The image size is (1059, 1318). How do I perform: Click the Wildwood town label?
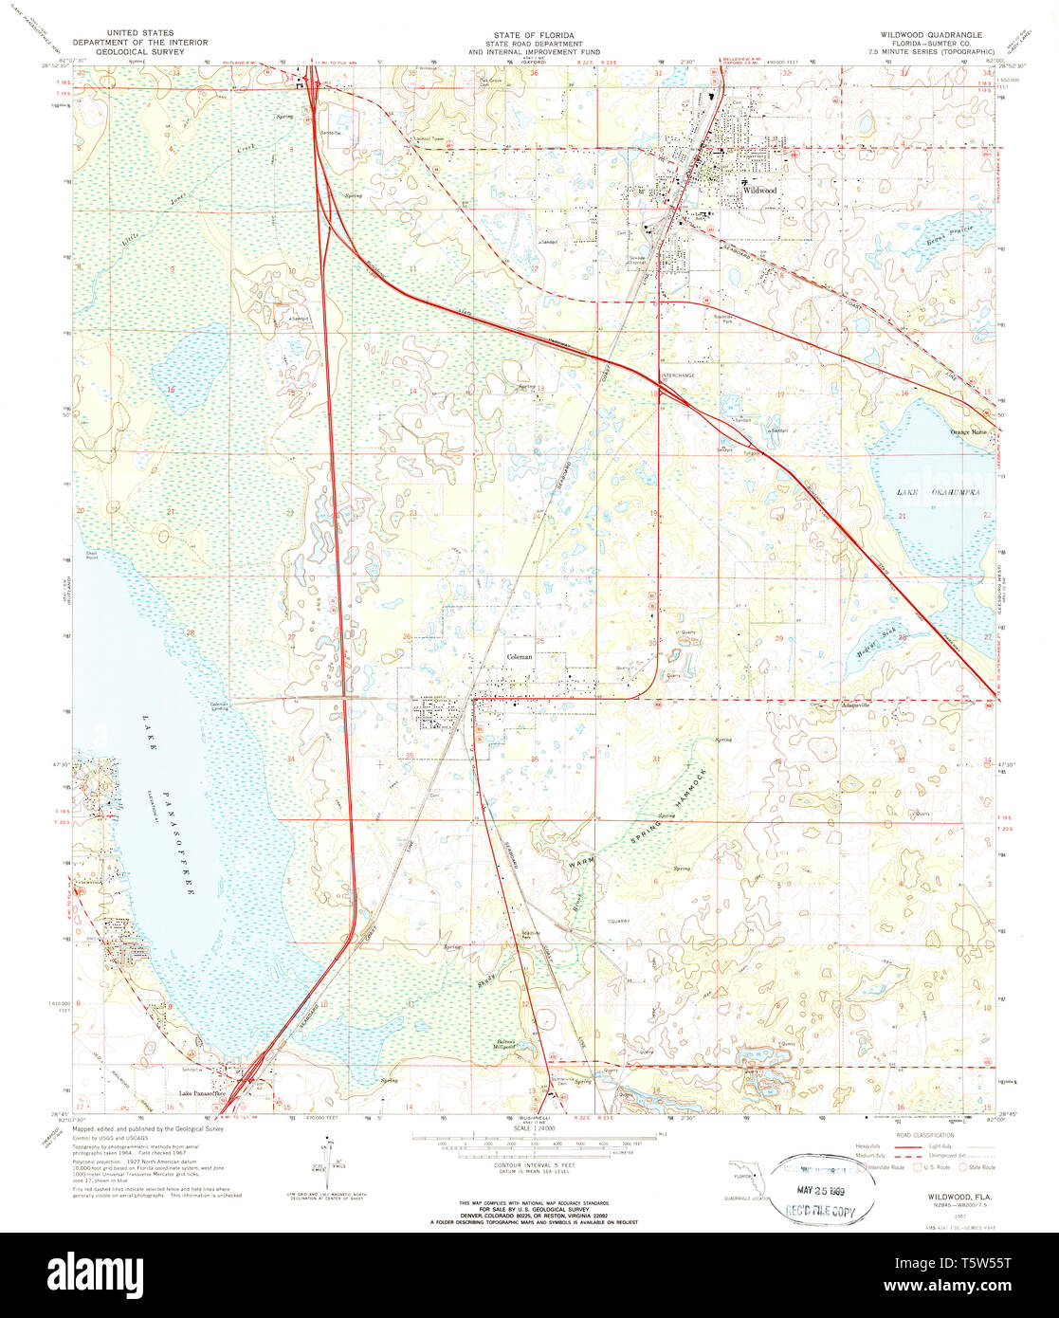pos(760,190)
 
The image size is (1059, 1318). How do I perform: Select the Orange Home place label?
pos(967,431)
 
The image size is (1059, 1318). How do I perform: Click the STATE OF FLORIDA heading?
pos(529,33)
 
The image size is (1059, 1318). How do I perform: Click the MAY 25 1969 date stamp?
pos(816,1189)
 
